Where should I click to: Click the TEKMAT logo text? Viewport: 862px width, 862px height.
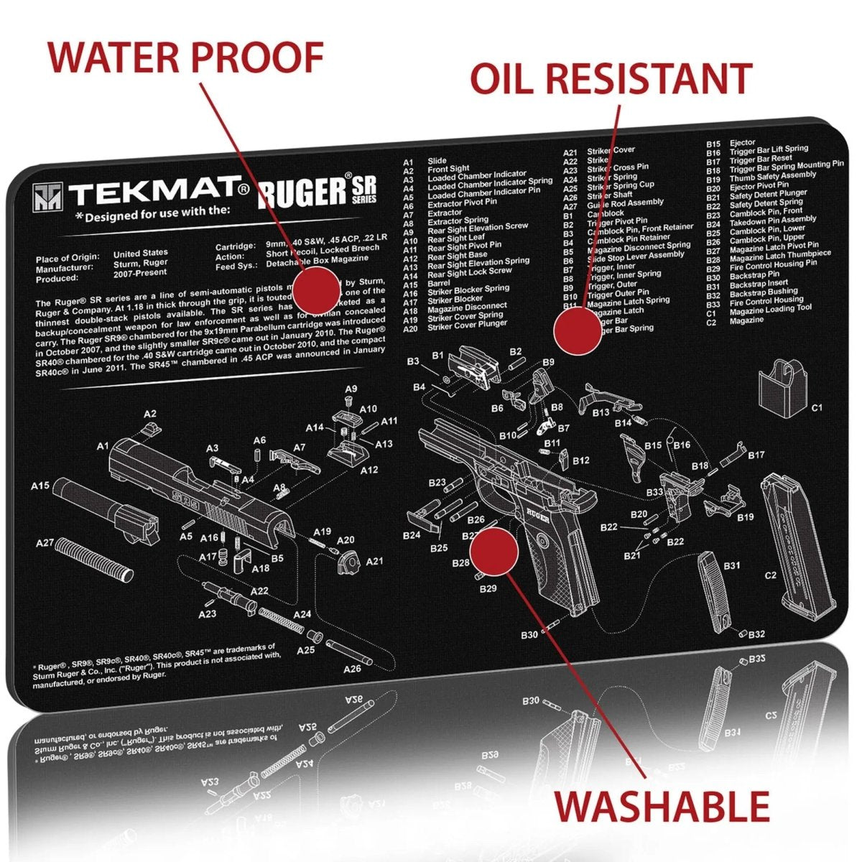(x=157, y=192)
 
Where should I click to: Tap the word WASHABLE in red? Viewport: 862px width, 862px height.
(x=662, y=806)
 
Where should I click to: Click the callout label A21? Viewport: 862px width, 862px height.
(x=374, y=561)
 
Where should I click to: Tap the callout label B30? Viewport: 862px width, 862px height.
(x=529, y=635)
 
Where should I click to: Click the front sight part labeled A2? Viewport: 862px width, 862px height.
(x=152, y=428)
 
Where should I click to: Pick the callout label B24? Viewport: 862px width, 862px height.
(x=412, y=535)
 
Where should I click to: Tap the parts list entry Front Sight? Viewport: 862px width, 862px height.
(x=448, y=168)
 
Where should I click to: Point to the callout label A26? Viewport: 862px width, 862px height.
(x=352, y=669)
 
